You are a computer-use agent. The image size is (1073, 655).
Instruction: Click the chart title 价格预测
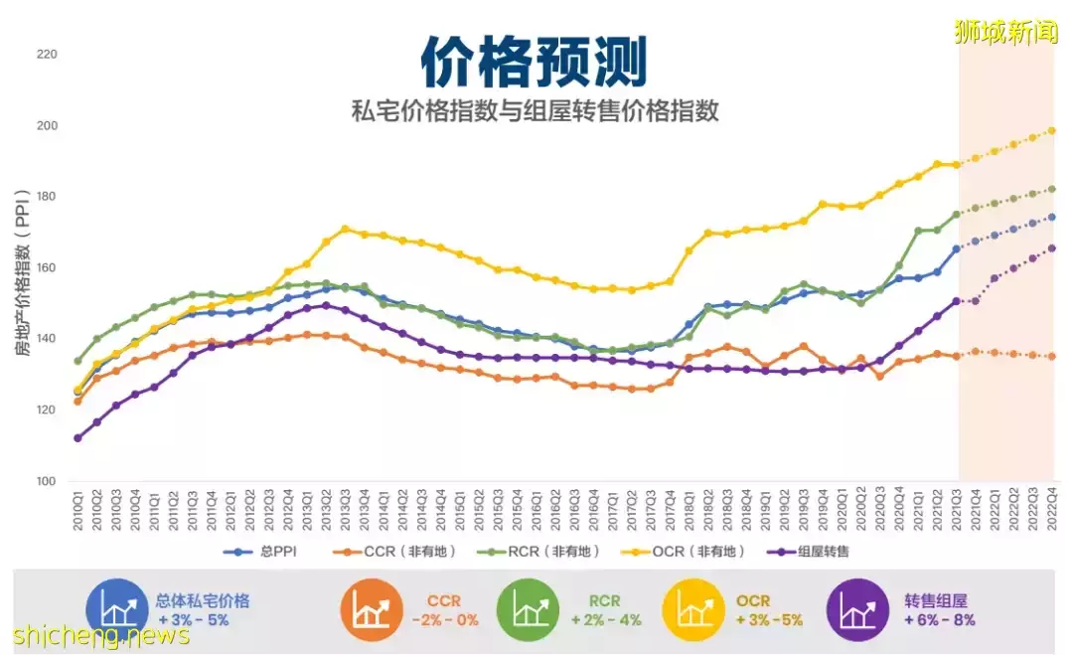[x=534, y=62]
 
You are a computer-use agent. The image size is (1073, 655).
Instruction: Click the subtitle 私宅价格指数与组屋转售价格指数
[x=535, y=110]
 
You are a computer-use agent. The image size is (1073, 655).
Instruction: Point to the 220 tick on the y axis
[x=47, y=55]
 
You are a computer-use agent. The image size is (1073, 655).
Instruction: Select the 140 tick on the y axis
[x=47, y=339]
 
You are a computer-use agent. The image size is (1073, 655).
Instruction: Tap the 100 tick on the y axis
[x=47, y=482]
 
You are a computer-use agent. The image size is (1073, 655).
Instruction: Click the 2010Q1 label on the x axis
[x=78, y=509]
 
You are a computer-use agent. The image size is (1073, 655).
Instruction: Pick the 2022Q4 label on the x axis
[x=1051, y=509]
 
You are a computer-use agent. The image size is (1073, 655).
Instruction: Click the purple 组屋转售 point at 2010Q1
[x=77, y=438]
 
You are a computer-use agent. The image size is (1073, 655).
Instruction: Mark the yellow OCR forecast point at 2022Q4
[x=1051, y=131]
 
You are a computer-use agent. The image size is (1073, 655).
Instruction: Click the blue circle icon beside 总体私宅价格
[x=114, y=609]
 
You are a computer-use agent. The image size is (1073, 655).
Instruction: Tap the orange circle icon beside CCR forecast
[x=370, y=609]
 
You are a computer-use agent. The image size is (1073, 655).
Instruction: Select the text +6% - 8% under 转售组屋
[x=939, y=620]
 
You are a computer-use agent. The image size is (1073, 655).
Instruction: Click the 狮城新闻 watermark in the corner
[x=1005, y=33]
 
